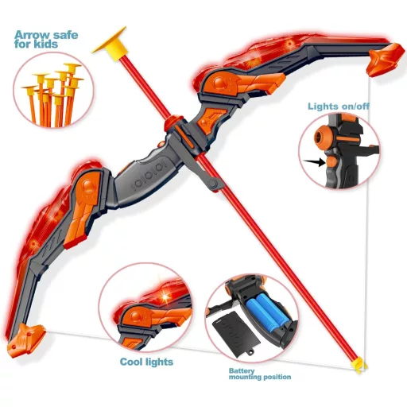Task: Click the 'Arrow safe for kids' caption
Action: coord(46,39)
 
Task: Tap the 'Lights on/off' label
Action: coord(339,107)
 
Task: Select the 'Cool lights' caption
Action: coord(146,362)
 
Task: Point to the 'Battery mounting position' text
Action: coord(260,374)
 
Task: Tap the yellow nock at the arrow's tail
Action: coord(359,364)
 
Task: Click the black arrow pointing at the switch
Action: coord(314,162)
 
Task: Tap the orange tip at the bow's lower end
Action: coord(25,340)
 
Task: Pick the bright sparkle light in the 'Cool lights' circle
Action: coord(166,297)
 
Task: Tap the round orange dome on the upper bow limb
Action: coord(219,83)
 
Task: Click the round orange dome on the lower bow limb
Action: coord(88,184)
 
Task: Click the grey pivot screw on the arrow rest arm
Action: coord(212,183)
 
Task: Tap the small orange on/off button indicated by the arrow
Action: coord(331,161)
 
